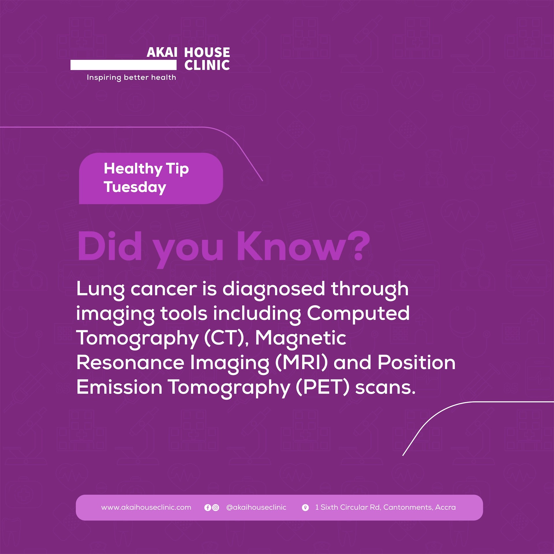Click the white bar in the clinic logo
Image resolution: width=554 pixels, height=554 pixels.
coord(123,65)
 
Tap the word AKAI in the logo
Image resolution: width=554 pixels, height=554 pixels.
coord(162,53)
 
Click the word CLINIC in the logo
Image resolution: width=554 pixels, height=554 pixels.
coord(207,65)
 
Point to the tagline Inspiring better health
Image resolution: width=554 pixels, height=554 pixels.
coord(131,78)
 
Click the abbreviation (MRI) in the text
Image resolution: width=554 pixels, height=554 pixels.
coord(302,363)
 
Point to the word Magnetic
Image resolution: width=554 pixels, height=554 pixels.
coord(301,338)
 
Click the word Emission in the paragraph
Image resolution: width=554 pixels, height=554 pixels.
coord(119,387)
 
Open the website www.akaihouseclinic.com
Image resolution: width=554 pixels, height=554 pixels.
coord(146,507)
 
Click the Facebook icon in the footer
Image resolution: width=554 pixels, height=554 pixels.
coord(207,508)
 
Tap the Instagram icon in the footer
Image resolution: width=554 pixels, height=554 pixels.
coord(216,508)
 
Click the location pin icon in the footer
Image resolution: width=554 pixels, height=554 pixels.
coord(305,508)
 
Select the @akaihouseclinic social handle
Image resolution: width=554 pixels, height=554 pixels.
coord(256,507)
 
